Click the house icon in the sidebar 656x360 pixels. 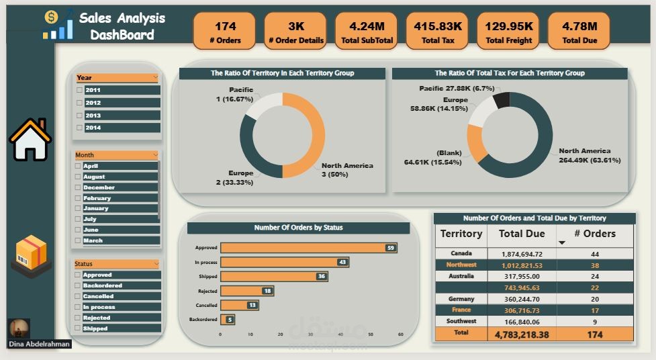30,140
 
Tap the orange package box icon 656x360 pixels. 31,256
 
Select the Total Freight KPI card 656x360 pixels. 508,31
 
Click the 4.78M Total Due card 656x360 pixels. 579,31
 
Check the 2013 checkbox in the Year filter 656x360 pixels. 79,116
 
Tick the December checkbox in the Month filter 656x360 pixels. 79,187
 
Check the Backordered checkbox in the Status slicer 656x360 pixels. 79,285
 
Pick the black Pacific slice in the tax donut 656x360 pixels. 501,101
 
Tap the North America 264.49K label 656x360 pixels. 585,155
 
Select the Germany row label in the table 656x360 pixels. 461,299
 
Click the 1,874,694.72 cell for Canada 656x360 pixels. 522,255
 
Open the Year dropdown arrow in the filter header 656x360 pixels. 155,78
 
